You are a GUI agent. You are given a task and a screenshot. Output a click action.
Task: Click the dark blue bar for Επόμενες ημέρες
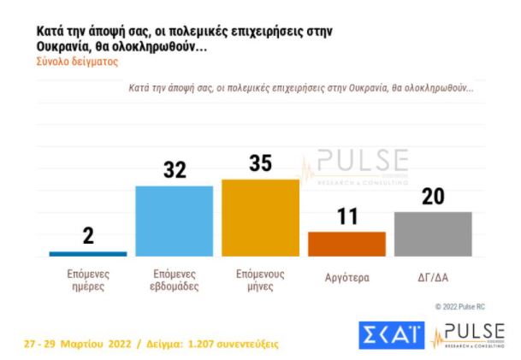pyautogui.click(x=88, y=253)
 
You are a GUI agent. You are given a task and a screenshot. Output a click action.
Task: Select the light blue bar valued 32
pyautogui.click(x=175, y=221)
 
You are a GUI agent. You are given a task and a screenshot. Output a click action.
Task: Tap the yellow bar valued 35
pyautogui.click(x=260, y=218)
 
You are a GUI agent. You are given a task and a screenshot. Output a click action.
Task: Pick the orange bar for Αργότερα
pyautogui.click(x=346, y=244)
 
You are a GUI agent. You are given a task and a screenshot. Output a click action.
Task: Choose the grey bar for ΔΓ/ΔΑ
pyautogui.click(x=433, y=233)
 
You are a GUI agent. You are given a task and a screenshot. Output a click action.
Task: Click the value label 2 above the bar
pyautogui.click(x=88, y=237)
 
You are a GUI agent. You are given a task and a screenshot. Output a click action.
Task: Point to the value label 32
pyautogui.click(x=175, y=169)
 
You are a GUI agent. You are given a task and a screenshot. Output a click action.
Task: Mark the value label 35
pyautogui.click(x=260, y=163)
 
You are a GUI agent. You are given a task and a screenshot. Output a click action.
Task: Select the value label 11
pyautogui.click(x=346, y=216)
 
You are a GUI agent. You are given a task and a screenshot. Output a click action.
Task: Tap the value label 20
pyautogui.click(x=433, y=196)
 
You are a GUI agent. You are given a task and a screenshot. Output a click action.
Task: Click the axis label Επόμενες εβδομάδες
pyautogui.click(x=175, y=280)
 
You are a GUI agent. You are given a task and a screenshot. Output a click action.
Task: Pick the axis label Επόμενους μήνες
pyautogui.click(x=260, y=280)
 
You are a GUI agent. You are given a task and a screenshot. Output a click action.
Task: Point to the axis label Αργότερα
pyautogui.click(x=346, y=275)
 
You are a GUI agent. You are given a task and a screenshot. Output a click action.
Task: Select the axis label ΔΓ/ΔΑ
pyautogui.click(x=433, y=275)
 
